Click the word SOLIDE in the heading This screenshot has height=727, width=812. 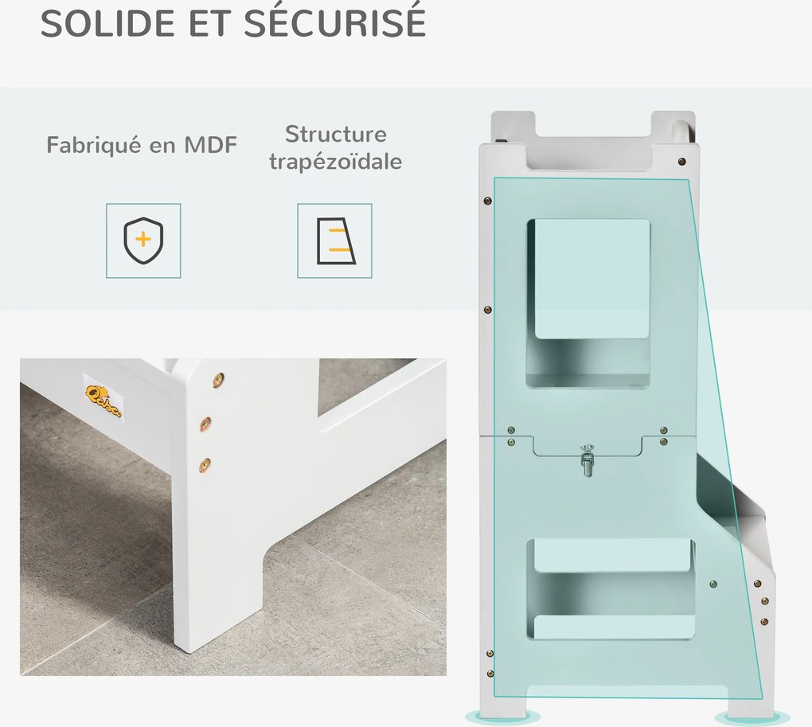pyautogui.click(x=107, y=23)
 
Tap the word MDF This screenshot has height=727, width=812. pyautogui.click(x=211, y=144)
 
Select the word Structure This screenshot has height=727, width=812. pyautogui.click(x=336, y=134)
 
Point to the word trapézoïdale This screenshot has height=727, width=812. pyautogui.click(x=336, y=162)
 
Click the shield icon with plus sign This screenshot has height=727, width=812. pyautogui.click(x=143, y=240)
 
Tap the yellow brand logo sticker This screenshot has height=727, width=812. pyautogui.click(x=103, y=401)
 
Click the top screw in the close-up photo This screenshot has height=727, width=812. pyautogui.click(x=219, y=380)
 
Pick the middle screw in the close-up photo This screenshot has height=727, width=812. pyautogui.click(x=206, y=423)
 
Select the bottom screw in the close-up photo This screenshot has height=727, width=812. pyautogui.click(x=205, y=465)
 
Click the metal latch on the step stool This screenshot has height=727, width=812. pyautogui.click(x=587, y=459)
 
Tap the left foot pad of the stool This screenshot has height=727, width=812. pyautogui.click(x=502, y=717)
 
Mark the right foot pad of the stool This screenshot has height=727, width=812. pyautogui.click(x=753, y=718)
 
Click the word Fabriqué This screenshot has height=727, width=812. pyautogui.click(x=93, y=146)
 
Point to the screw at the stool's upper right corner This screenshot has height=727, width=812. pyautogui.click(x=682, y=162)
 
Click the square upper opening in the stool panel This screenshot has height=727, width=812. pyautogui.click(x=588, y=303)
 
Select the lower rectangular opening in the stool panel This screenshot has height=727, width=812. pyautogui.click(x=611, y=588)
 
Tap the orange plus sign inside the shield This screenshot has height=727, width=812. pyautogui.click(x=143, y=239)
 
